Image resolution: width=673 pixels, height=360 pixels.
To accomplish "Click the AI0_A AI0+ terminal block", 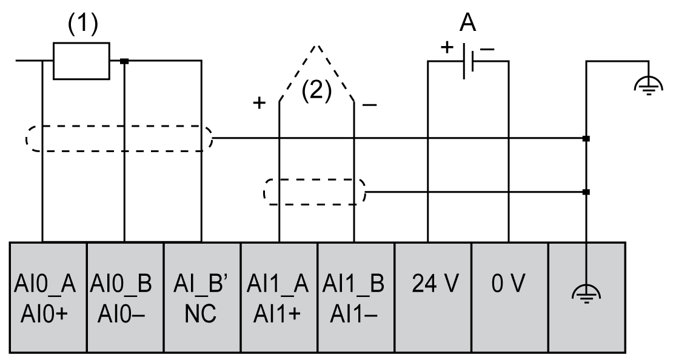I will (49, 298).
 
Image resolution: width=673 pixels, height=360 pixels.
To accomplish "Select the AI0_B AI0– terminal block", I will (126, 298).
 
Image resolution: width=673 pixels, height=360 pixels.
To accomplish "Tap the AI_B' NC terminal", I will (203, 298).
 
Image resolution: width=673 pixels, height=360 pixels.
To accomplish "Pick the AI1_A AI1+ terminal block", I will (280, 298).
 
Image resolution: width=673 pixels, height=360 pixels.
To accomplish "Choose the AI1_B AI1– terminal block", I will (357, 298).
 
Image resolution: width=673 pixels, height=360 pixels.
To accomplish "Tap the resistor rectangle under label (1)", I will (81, 61).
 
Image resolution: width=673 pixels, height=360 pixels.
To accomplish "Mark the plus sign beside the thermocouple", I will (259, 104).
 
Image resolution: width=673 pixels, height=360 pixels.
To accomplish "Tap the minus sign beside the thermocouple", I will (369, 105).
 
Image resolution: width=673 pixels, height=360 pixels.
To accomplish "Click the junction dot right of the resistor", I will (124, 61).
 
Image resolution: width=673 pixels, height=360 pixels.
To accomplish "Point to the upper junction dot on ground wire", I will (586, 139).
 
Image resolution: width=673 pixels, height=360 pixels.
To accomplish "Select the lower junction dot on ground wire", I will (586, 193).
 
